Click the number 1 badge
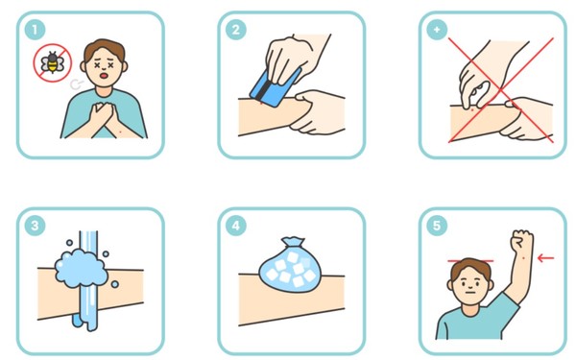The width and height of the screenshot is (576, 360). tap(35, 30)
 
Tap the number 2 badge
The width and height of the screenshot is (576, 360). tap(236, 30)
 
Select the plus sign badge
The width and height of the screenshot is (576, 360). tap(437, 30)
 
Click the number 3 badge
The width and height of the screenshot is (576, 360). tap(35, 226)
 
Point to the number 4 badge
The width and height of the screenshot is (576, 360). tap(236, 226)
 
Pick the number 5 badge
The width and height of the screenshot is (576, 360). tap(437, 226)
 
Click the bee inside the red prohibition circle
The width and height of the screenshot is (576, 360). tap(52, 62)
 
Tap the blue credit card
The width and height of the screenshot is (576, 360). tap(274, 87)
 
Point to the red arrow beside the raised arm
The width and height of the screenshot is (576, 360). tap(545, 258)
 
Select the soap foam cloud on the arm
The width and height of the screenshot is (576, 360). tap(82, 268)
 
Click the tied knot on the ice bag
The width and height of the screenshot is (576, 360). tap(293, 243)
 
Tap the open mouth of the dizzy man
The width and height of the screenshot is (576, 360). tap(105, 76)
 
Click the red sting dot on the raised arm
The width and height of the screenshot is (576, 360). tap(523, 258)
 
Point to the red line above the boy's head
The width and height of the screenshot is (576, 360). tap(470, 261)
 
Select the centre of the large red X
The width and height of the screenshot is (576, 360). tap(500, 89)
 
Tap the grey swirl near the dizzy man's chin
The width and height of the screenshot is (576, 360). tap(76, 84)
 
